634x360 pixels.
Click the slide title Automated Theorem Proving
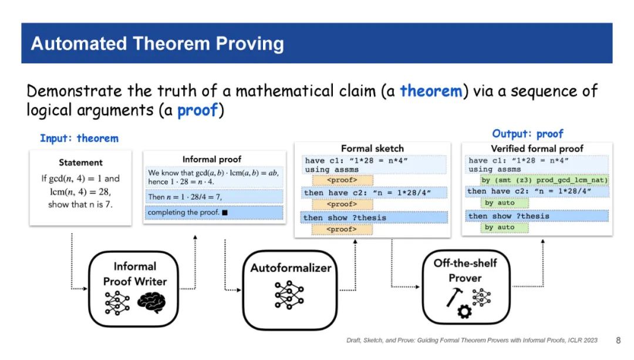(x=157, y=43)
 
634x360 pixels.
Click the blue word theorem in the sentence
(x=431, y=90)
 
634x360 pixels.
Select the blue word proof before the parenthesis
(x=198, y=110)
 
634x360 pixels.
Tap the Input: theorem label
(x=79, y=139)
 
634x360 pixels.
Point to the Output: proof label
(x=528, y=134)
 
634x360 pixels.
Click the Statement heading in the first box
(x=80, y=163)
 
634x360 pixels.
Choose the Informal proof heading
(x=212, y=159)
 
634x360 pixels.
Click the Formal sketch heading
(x=372, y=149)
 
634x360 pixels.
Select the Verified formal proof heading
(x=537, y=149)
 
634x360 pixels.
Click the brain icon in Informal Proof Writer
(x=151, y=303)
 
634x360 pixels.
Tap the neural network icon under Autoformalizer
(x=289, y=295)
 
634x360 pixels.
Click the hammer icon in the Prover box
(x=454, y=297)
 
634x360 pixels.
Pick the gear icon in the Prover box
(x=464, y=311)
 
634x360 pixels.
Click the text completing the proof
(x=183, y=213)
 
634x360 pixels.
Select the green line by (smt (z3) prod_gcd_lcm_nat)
(x=544, y=180)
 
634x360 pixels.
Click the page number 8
(x=618, y=340)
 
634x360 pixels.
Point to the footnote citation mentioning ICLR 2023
(x=472, y=340)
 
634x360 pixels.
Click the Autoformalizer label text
(x=291, y=268)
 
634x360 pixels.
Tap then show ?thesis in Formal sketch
(x=345, y=218)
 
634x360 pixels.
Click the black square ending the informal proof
(x=225, y=213)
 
